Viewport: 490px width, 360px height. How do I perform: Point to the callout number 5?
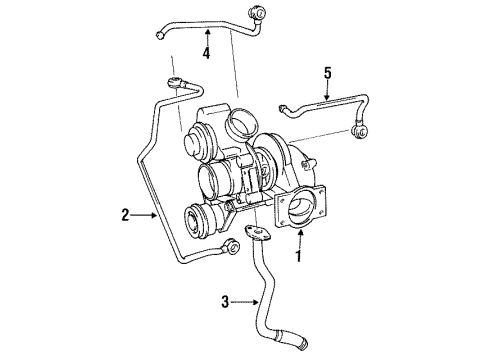tap(326, 72)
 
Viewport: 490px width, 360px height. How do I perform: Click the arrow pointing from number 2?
tap(146, 214)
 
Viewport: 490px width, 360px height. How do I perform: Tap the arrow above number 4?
tap(207, 34)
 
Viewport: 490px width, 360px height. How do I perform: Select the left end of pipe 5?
tap(283, 108)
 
